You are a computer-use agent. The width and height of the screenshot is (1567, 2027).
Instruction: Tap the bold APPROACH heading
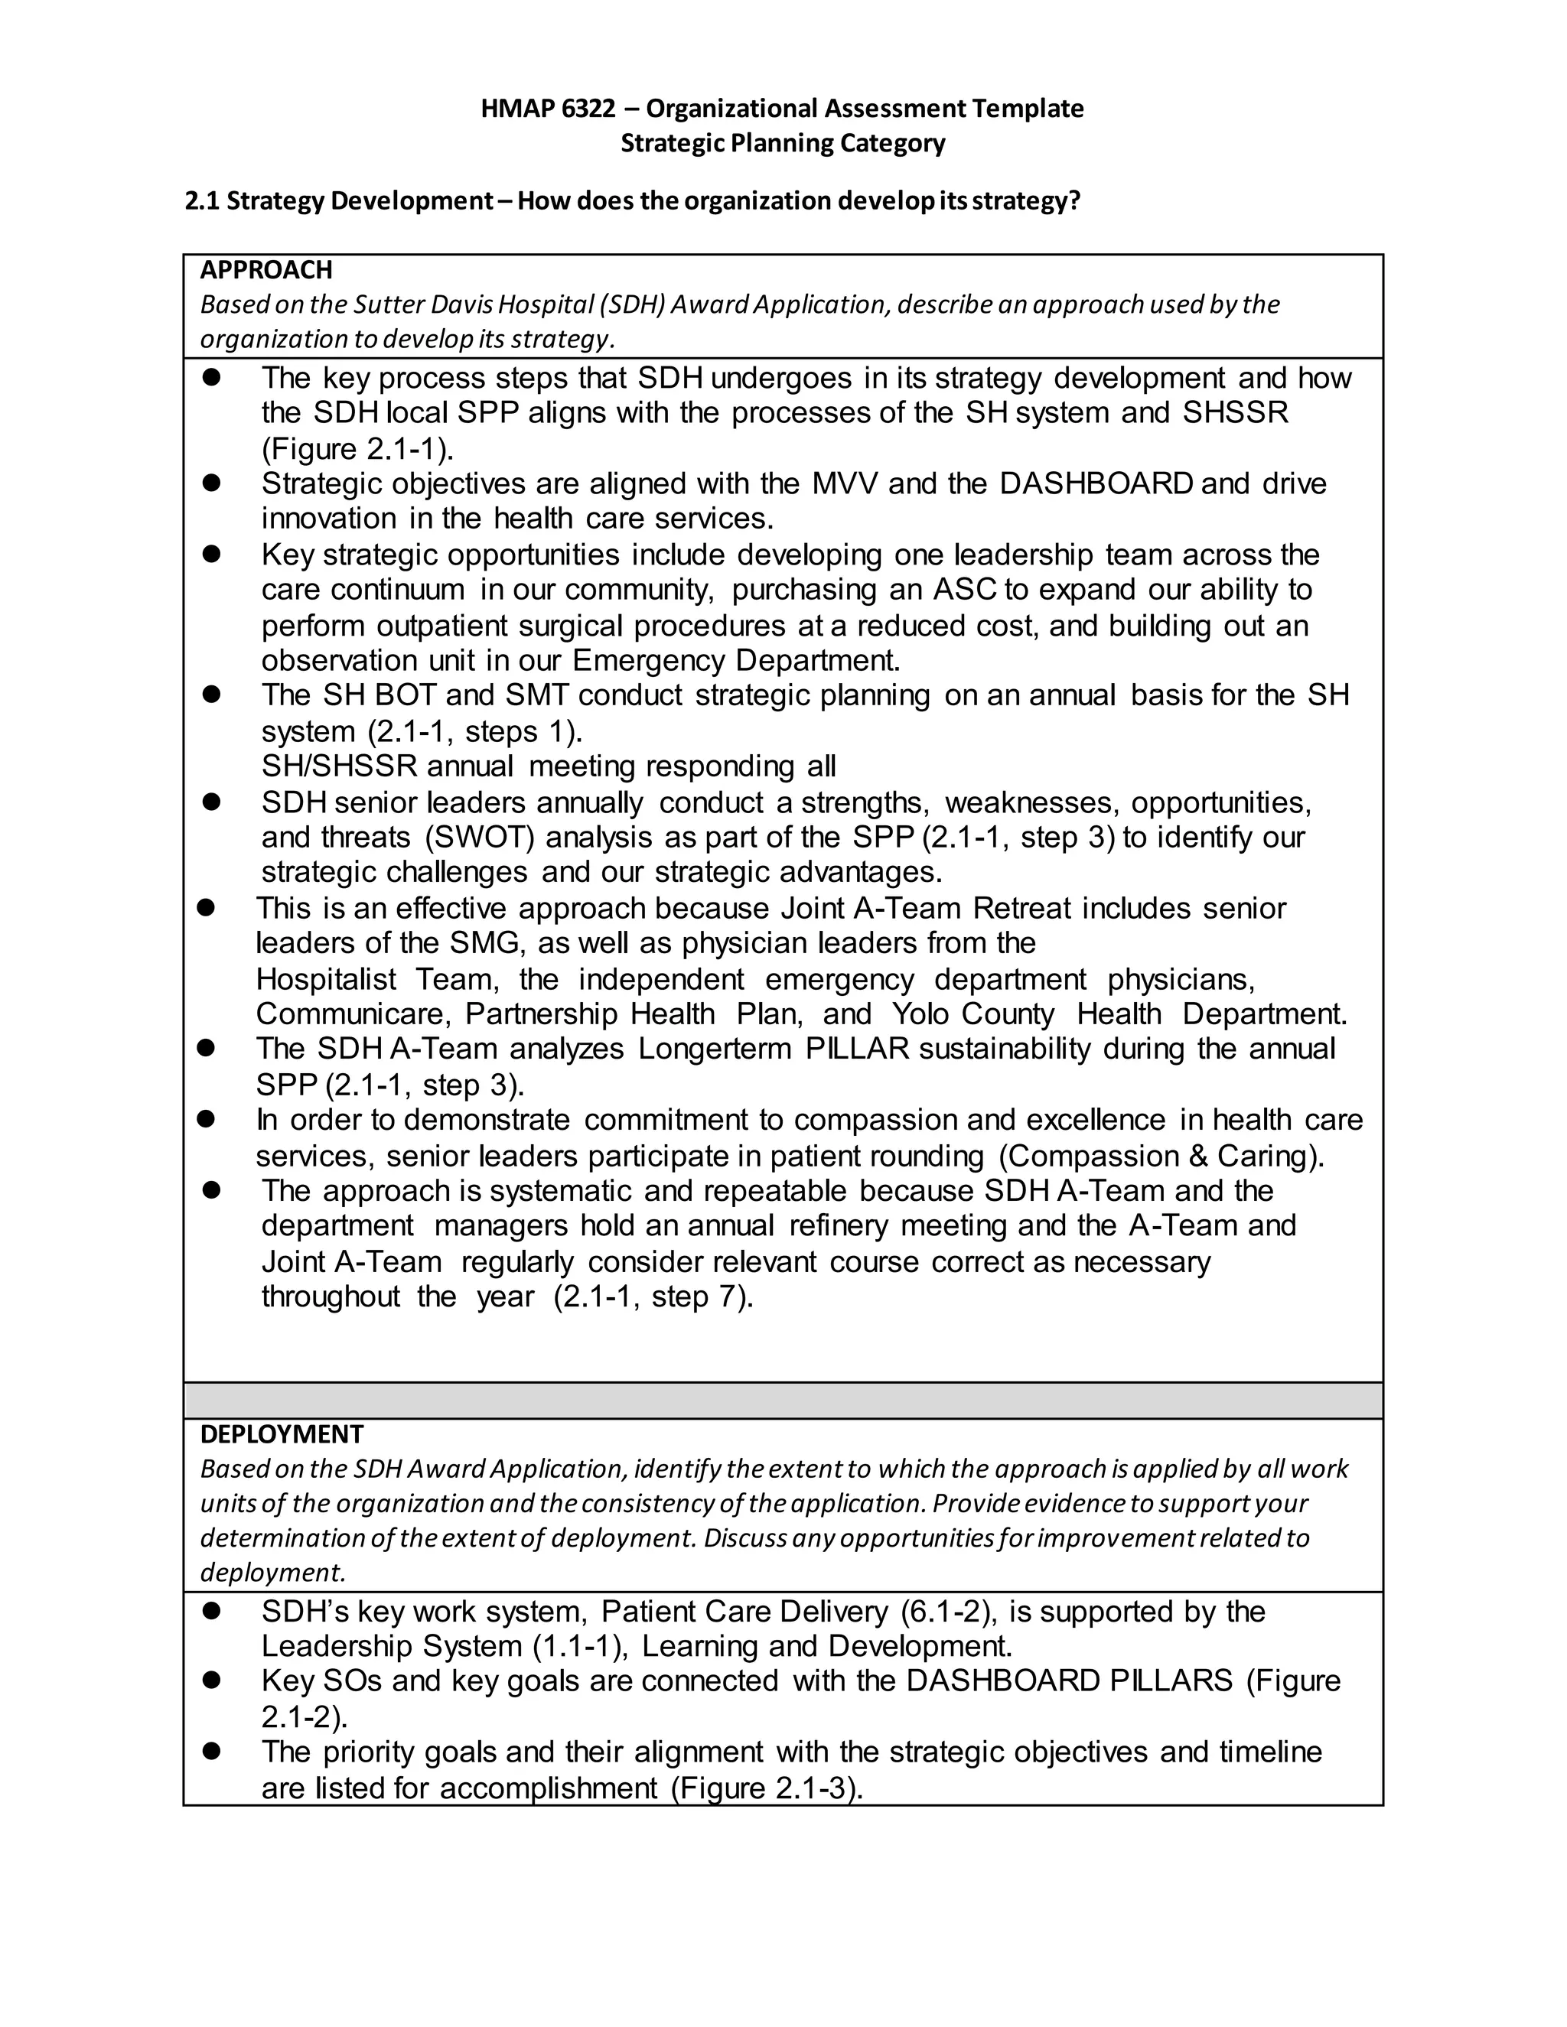(266, 270)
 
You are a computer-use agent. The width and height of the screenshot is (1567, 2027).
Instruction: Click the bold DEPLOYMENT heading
(282, 1434)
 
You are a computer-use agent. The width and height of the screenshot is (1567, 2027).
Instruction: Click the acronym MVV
(844, 483)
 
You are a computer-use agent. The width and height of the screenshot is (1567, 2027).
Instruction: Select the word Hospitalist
(326, 979)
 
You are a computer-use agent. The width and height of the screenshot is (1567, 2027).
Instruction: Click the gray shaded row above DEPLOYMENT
(783, 1401)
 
